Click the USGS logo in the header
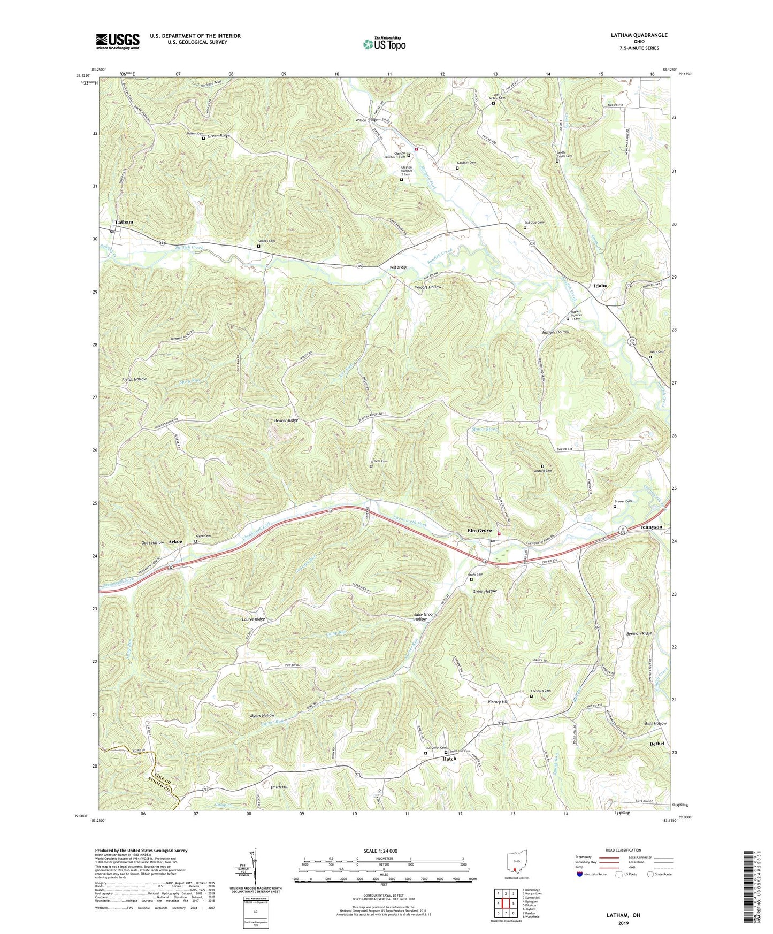click(118, 41)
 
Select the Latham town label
click(124, 221)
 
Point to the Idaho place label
click(600, 286)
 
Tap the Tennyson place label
click(651, 527)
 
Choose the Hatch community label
click(449, 759)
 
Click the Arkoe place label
click(175, 542)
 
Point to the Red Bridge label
click(398, 267)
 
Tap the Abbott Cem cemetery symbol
click(371, 466)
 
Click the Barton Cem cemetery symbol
click(203, 138)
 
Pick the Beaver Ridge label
click(286, 420)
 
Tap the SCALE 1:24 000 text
click(380, 851)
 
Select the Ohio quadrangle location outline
click(516, 863)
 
